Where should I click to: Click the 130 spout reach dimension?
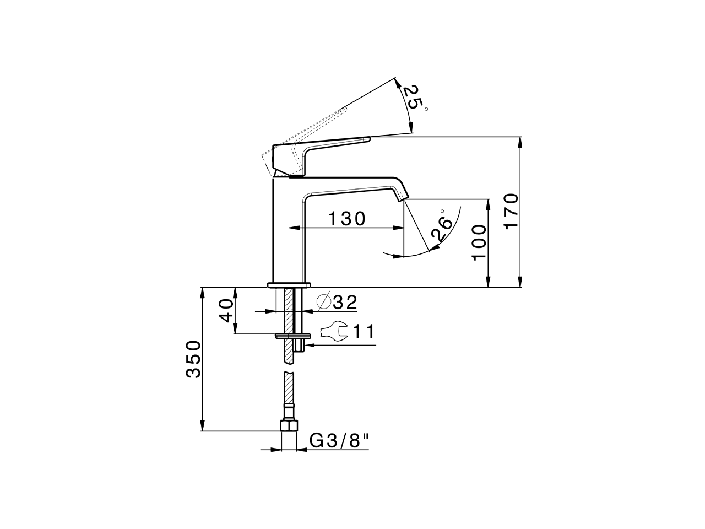click(x=347, y=219)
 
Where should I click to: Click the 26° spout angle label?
click(x=442, y=226)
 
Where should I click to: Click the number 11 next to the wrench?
click(x=364, y=331)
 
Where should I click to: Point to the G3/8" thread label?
click(x=339, y=441)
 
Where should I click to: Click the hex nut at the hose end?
click(x=289, y=426)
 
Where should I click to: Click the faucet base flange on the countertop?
click(x=289, y=285)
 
